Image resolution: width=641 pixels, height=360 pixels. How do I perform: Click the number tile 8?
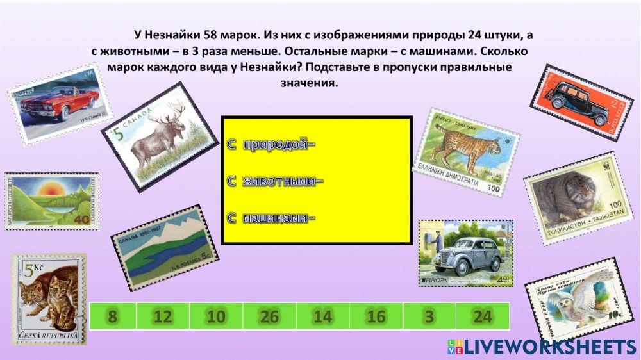(113, 316)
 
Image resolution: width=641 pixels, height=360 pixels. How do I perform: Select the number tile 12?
(163, 316)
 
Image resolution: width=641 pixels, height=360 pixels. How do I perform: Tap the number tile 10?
(217, 316)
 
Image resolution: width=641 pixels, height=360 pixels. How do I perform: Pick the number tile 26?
(270, 316)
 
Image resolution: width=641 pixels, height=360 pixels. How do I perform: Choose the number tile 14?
(323, 316)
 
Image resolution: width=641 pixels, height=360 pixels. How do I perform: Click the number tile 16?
(376, 316)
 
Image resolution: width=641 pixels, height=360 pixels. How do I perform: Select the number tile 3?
(429, 316)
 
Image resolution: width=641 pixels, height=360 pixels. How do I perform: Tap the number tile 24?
(482, 316)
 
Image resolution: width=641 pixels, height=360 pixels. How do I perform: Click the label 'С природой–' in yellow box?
(272, 145)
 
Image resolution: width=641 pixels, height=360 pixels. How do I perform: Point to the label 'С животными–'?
(275, 181)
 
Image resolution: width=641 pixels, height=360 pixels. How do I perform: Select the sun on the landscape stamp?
(49, 190)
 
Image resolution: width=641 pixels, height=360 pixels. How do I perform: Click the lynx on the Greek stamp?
(460, 147)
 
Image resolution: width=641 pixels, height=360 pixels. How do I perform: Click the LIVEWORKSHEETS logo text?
(549, 347)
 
